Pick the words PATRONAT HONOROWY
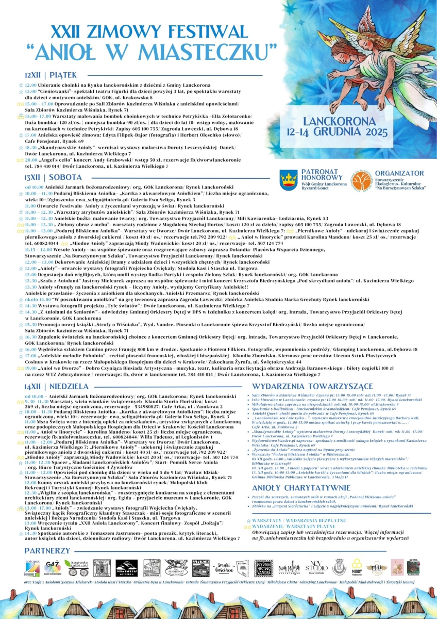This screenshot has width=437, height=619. click(x=319, y=174)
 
